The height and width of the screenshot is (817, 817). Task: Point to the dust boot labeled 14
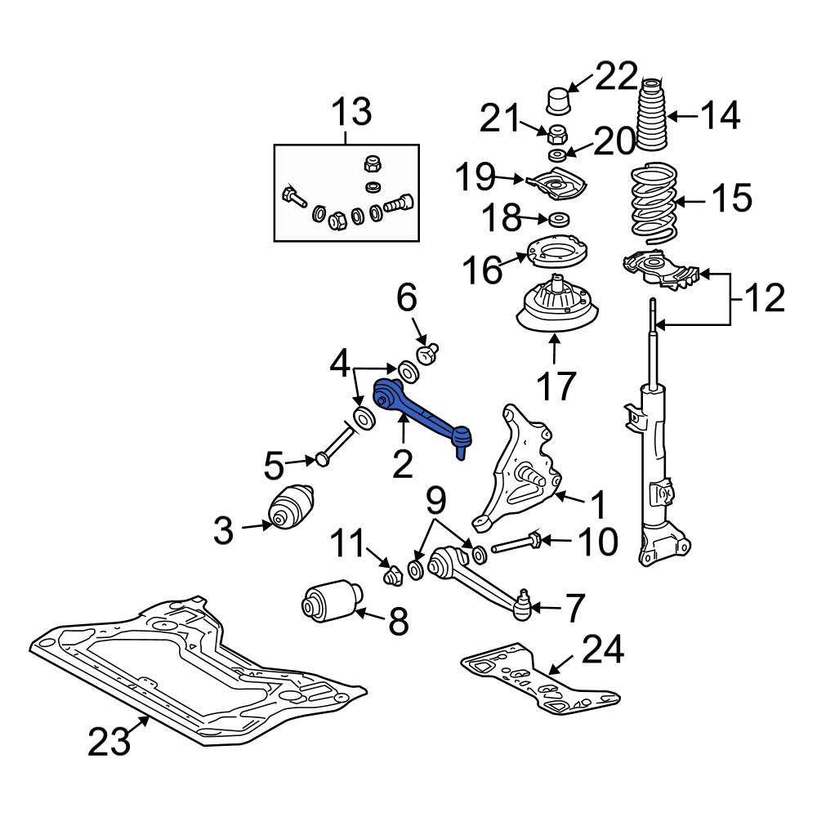[652, 118]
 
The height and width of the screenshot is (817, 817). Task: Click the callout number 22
[614, 78]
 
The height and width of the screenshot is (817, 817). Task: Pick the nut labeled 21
[556, 132]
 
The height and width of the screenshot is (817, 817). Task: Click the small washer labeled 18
[560, 219]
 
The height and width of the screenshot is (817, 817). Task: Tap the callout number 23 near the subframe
[110, 741]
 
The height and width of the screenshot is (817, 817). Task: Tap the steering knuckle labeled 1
[523, 466]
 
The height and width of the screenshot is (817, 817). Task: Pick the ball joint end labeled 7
[521, 605]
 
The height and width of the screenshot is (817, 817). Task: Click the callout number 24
[603, 651]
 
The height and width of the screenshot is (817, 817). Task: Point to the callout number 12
[764, 299]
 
